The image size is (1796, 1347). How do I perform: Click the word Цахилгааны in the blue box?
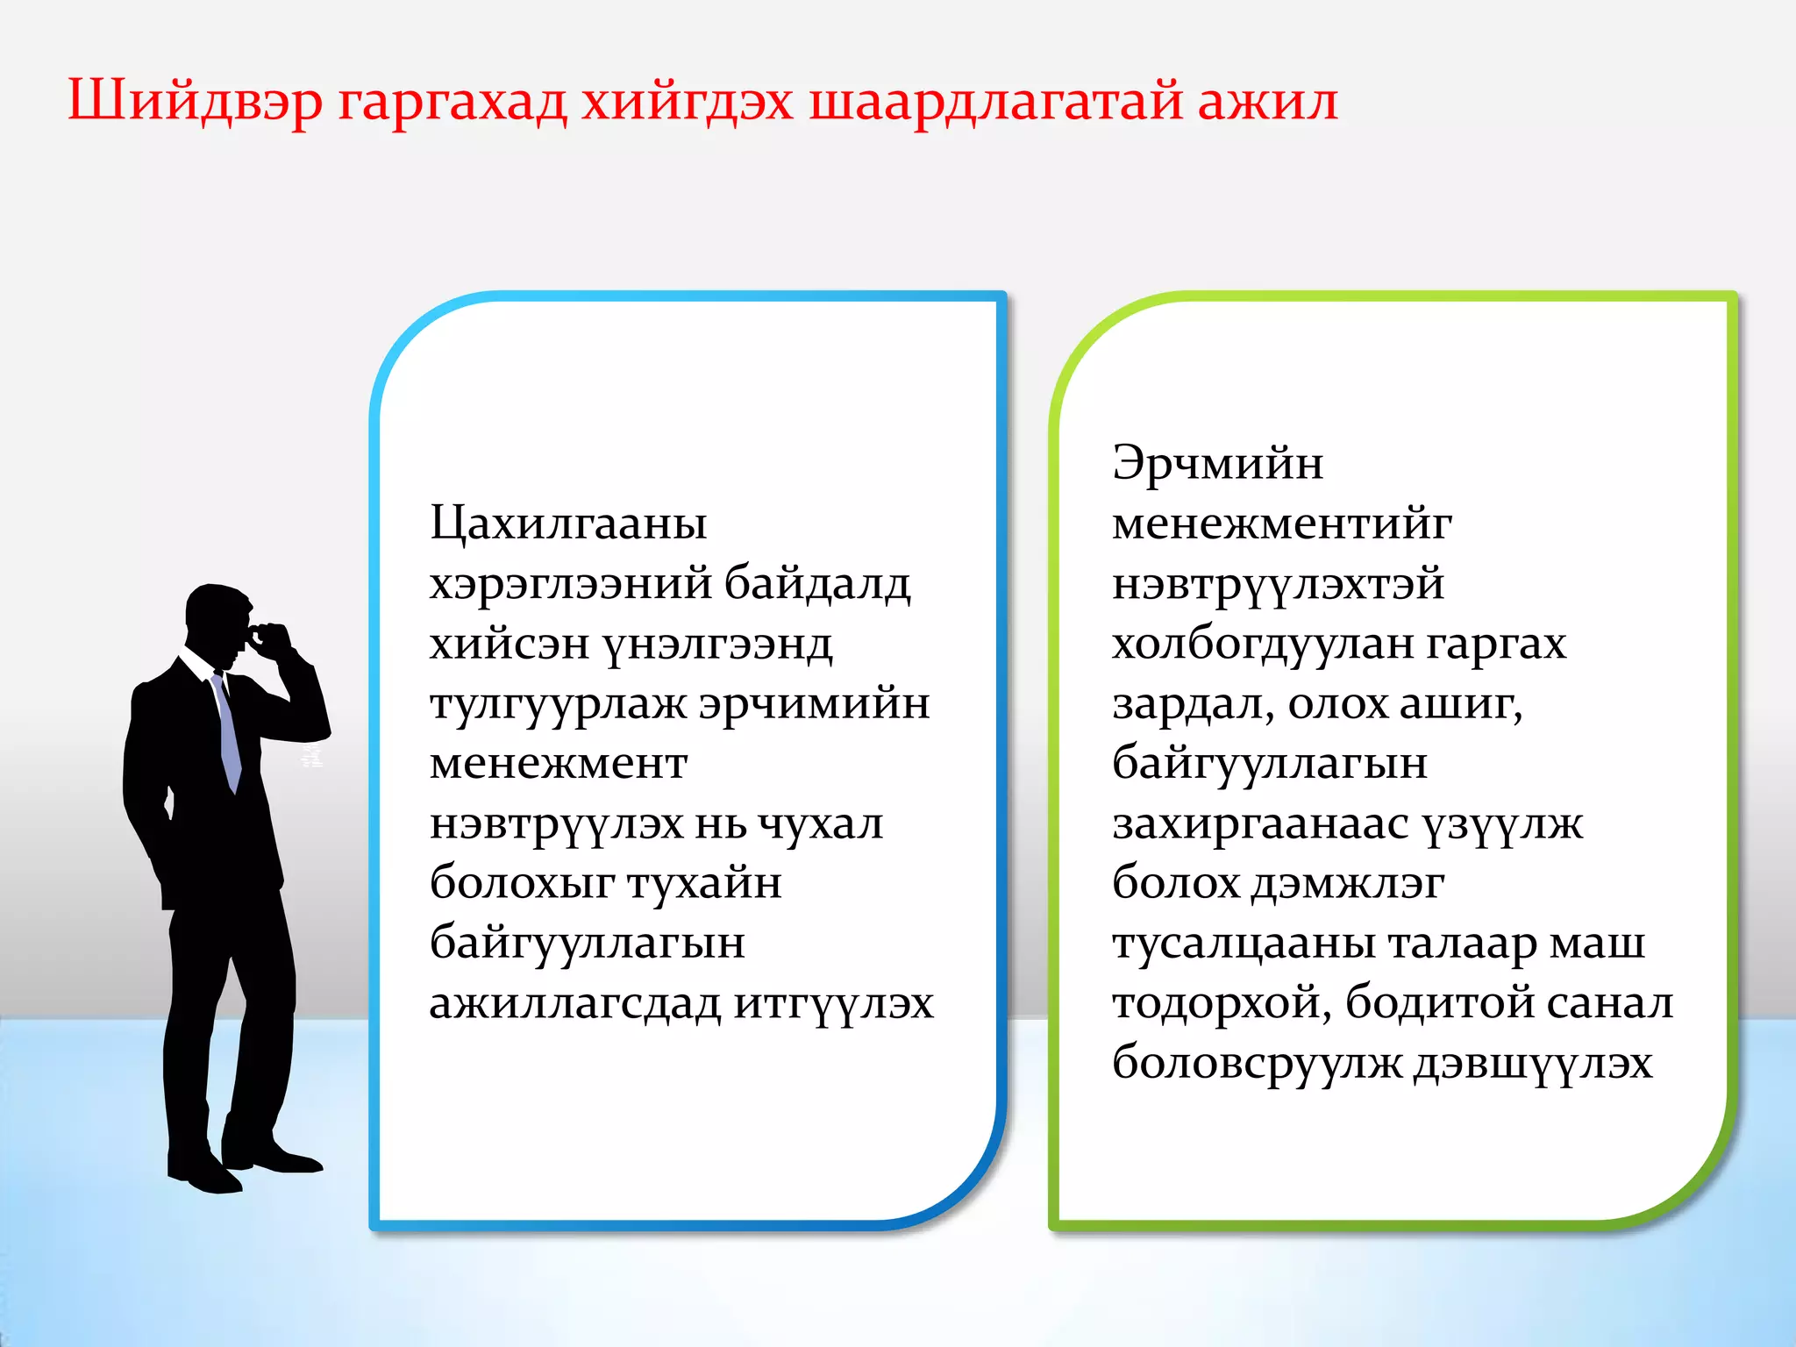pyautogui.click(x=568, y=524)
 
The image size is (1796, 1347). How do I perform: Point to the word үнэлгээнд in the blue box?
pyautogui.click(x=717, y=645)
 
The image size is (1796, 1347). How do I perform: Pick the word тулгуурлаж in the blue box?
pyautogui.click(x=558, y=705)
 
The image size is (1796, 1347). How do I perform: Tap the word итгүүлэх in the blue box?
pyautogui.click(x=833, y=1004)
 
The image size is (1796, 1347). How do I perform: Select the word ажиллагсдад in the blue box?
pyautogui.click(x=574, y=1004)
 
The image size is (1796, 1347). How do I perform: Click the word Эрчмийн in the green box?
pyautogui.click(x=1217, y=464)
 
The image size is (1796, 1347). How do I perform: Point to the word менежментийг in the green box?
pyautogui.click(x=1281, y=524)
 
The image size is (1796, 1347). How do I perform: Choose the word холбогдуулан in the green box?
pyautogui.click(x=1261, y=645)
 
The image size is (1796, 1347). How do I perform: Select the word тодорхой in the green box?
pyautogui.click(x=1221, y=1004)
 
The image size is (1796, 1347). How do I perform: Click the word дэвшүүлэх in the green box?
pyautogui.click(x=1533, y=1064)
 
